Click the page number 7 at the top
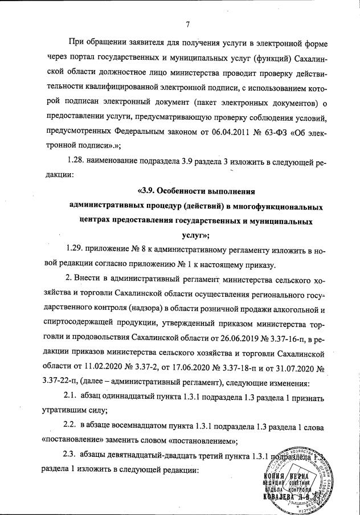point(187,23)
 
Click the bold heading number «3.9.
point(148,190)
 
